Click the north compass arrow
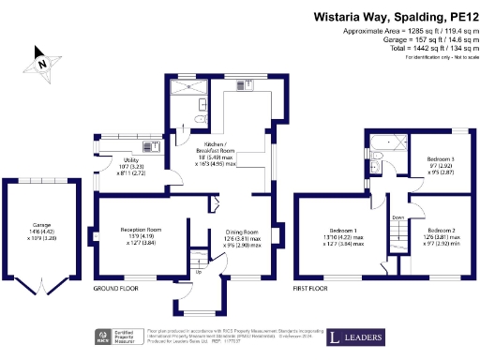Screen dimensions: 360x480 [x=41, y=63]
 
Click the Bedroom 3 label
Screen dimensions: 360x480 [x=441, y=160]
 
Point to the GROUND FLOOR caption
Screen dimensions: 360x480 [x=115, y=289]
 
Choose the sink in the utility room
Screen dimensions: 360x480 [x=148, y=148]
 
